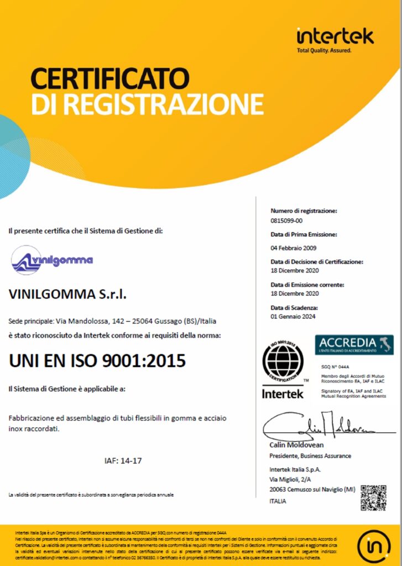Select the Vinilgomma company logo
tap(52, 260)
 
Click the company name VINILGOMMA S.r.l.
tap(68, 295)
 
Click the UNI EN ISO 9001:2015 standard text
tap(97, 360)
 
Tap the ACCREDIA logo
tap(354, 344)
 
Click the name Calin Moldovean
tap(296, 445)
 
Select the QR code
tap(373, 497)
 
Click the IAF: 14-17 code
tap(123, 460)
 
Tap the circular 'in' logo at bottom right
tap(374, 547)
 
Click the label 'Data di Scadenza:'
tap(294, 307)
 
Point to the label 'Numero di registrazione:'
tap(304, 211)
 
